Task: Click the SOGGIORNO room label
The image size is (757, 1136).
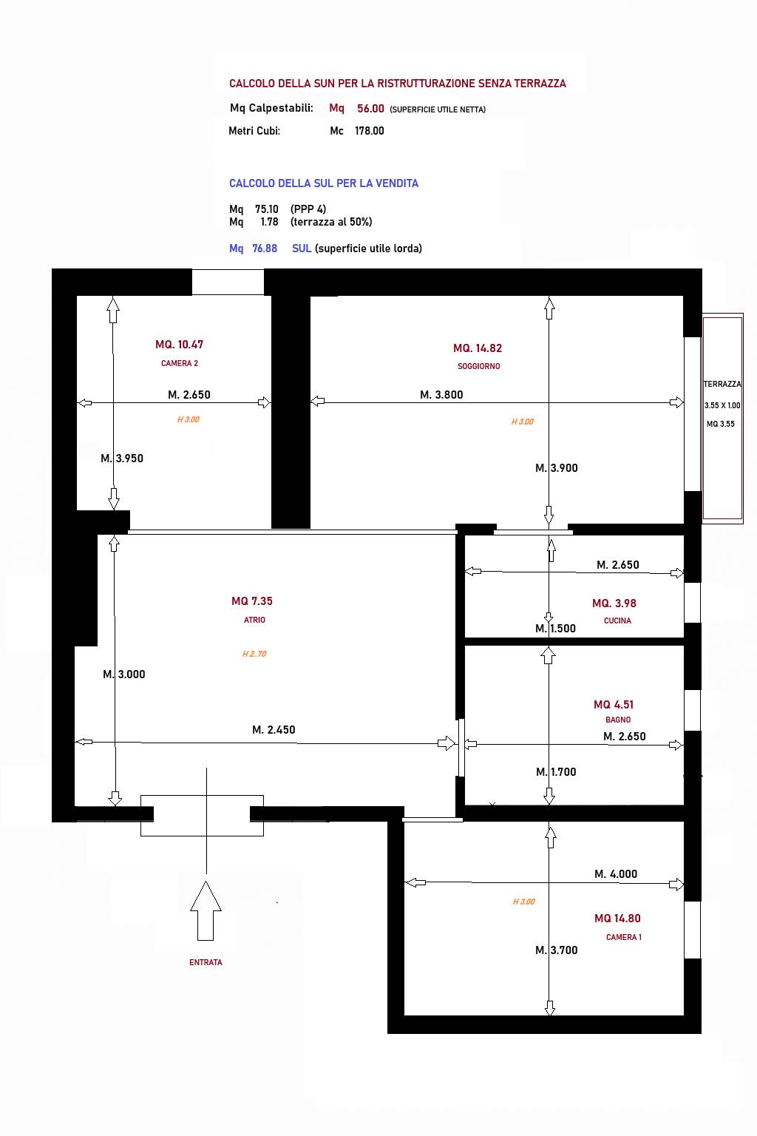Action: (x=478, y=366)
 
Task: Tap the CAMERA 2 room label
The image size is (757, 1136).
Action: (x=180, y=363)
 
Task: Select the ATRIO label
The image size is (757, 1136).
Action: (x=254, y=620)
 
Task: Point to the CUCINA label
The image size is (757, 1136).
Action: (x=617, y=621)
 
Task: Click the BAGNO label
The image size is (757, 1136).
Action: (x=618, y=720)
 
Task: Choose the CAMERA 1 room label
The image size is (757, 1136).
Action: (x=624, y=937)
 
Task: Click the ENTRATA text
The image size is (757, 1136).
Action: (x=206, y=962)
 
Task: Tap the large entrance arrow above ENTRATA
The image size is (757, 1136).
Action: (x=206, y=911)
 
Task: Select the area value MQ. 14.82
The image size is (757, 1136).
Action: (x=478, y=348)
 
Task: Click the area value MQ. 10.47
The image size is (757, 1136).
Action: (x=180, y=345)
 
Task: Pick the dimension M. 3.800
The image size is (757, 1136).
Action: (x=441, y=394)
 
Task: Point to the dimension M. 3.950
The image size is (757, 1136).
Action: (x=122, y=459)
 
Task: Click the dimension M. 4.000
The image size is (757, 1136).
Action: (x=616, y=873)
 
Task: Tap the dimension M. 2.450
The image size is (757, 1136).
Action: (x=274, y=730)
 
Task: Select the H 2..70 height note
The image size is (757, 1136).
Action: (x=254, y=654)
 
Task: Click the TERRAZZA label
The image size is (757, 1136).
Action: (x=722, y=384)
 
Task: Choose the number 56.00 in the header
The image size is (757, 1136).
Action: (x=370, y=109)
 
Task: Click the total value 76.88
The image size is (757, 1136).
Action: (x=265, y=248)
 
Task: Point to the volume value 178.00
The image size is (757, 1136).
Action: (x=370, y=131)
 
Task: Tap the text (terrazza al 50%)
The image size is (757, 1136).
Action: (x=332, y=222)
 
